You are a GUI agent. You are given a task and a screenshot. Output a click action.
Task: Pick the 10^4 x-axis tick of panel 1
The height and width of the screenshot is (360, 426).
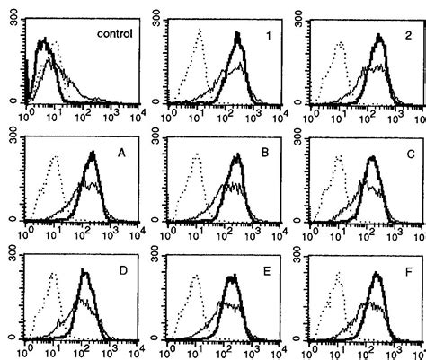279,114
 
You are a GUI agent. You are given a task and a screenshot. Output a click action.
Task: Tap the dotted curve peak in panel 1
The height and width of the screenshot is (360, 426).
202,31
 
